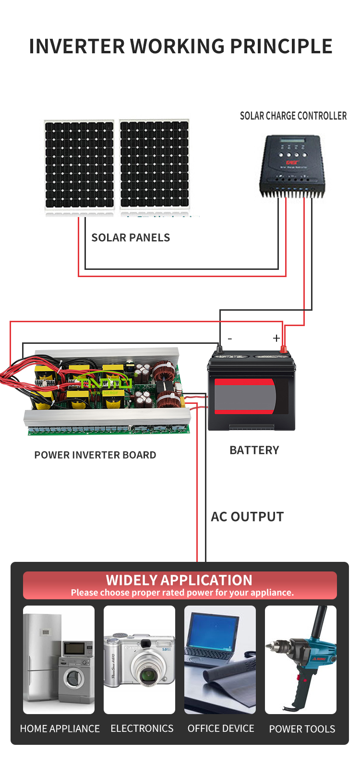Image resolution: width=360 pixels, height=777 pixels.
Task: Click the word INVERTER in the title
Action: click(x=77, y=46)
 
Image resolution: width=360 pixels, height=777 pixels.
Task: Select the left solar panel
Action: click(x=79, y=165)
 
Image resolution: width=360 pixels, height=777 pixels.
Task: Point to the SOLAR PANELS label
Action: click(x=131, y=238)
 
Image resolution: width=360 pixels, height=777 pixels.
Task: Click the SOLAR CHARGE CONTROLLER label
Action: click(x=293, y=116)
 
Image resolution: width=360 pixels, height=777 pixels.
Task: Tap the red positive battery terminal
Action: click(x=283, y=349)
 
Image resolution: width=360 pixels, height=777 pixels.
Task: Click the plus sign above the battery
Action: click(x=276, y=338)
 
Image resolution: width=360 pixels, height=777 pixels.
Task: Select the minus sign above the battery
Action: click(x=229, y=338)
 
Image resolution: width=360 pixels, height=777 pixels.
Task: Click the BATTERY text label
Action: click(x=254, y=450)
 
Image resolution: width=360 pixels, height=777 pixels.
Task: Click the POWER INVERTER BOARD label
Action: click(x=95, y=455)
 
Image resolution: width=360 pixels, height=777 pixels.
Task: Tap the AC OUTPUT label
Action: click(x=247, y=517)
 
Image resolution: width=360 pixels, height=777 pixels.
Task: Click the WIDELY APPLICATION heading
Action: click(x=179, y=580)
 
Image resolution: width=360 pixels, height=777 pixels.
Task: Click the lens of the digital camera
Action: click(x=149, y=674)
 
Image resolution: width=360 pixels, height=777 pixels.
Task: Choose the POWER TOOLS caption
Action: click(x=302, y=729)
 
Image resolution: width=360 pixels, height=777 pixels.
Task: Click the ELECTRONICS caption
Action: click(x=142, y=728)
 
